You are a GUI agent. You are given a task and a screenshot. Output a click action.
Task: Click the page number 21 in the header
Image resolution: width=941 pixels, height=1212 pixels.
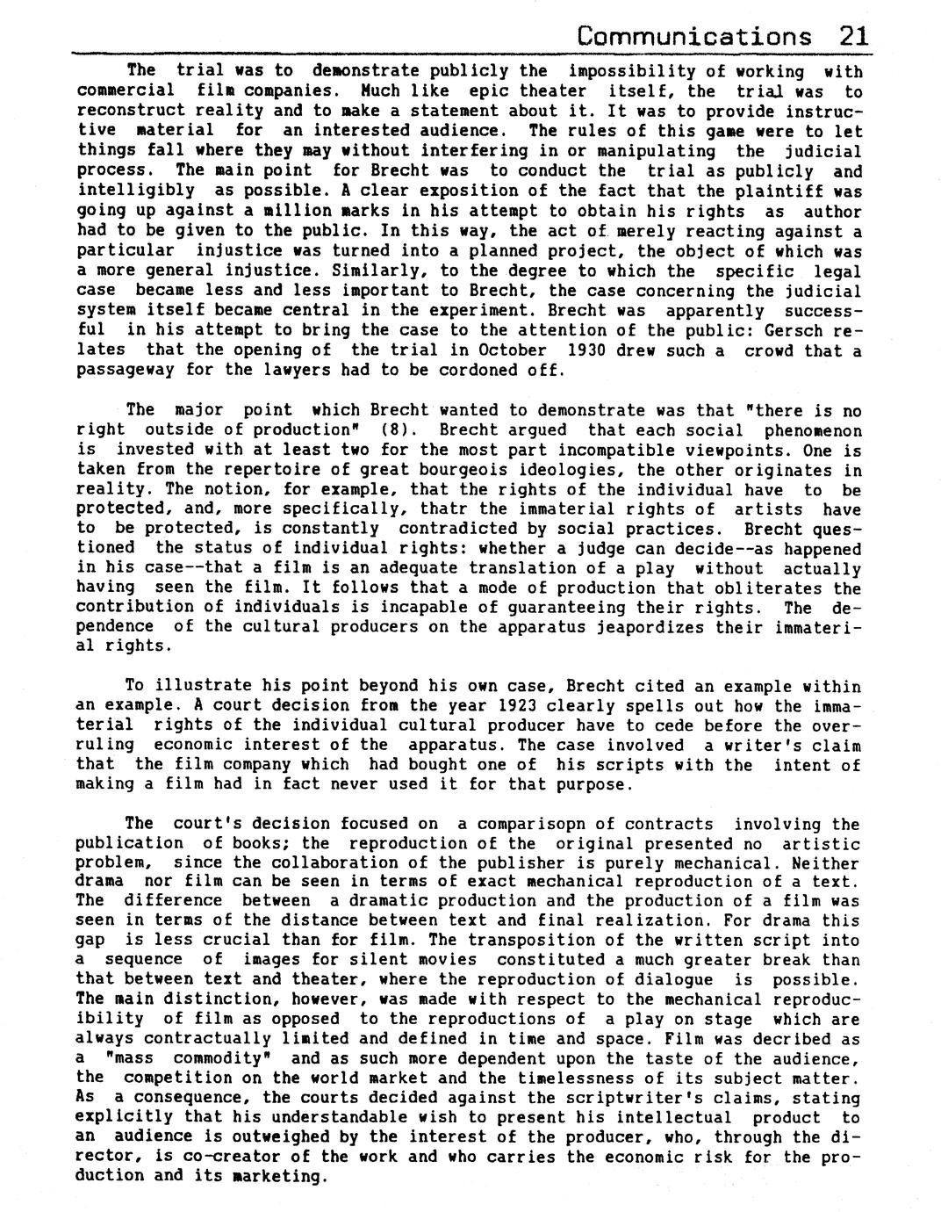click(853, 36)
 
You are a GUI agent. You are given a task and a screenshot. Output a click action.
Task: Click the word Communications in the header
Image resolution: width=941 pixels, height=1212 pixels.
click(694, 36)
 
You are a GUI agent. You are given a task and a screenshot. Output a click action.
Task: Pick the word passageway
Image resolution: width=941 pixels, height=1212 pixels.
click(126, 370)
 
